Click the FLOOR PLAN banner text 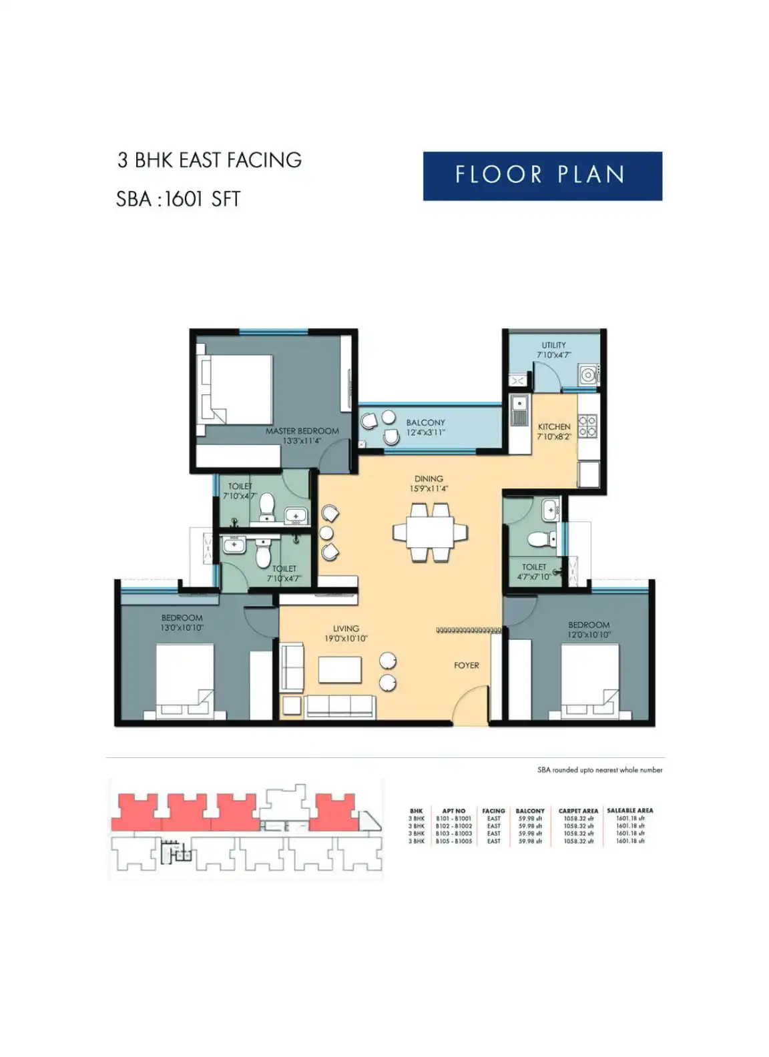tap(541, 175)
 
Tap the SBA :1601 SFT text tap(178, 199)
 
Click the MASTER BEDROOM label tap(302, 431)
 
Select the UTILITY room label tap(553, 345)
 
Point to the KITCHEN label tap(554, 426)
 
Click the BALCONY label tap(425, 422)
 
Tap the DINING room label tap(429, 478)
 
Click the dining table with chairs tap(430, 532)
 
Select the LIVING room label tap(346, 629)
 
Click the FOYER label tap(466, 665)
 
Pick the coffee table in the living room tap(340, 669)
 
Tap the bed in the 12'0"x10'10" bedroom tap(589, 681)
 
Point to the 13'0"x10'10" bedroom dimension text tap(182, 628)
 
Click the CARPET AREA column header tap(578, 811)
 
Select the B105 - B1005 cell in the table tap(453, 841)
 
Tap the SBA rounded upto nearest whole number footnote tap(599, 769)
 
